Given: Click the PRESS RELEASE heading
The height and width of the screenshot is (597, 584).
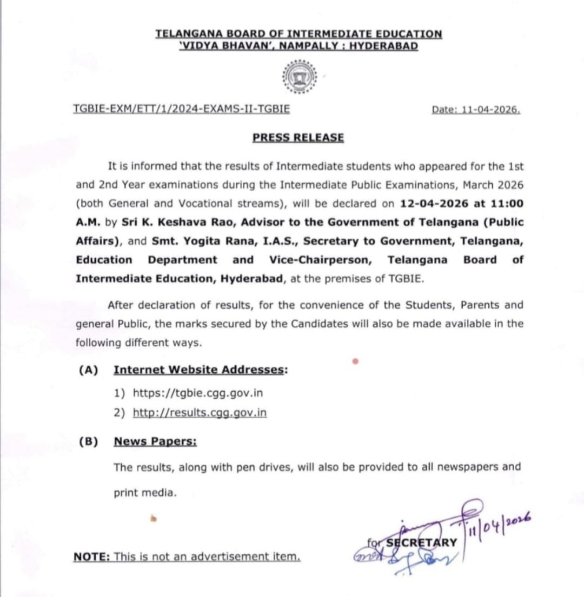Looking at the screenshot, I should tap(298, 137).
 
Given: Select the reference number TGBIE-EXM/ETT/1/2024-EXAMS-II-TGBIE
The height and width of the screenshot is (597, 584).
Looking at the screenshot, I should tap(181, 109).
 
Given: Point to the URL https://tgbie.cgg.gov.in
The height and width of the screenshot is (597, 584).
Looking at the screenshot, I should tap(198, 392).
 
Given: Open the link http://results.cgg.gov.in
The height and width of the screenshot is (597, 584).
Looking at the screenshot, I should tap(200, 413).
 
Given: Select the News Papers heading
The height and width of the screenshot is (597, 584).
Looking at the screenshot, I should tap(155, 441).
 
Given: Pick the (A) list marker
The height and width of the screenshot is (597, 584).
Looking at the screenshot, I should tap(88, 370).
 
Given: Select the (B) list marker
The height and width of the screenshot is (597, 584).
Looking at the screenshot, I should tap(88, 441).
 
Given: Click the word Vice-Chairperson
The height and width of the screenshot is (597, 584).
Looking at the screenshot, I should tap(320, 259).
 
